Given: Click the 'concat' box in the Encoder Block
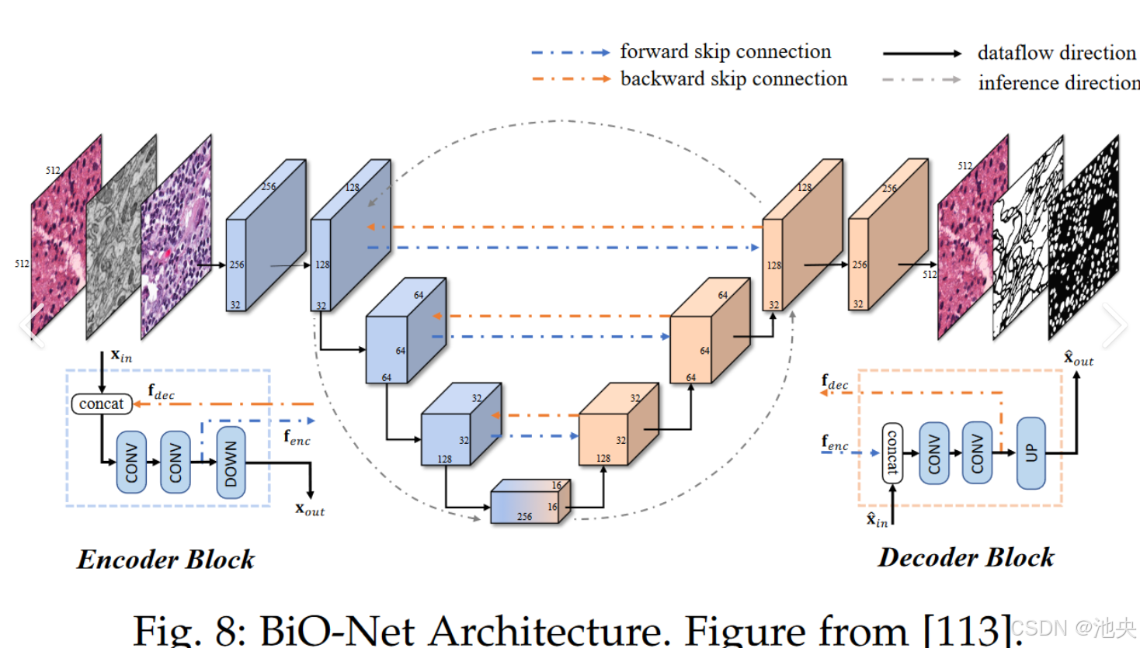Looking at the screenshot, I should tap(101, 404).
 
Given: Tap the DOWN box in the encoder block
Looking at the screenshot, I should tap(231, 463).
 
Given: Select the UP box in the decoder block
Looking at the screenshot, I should tap(1031, 452).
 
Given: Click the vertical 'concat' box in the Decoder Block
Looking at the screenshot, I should tap(892, 453).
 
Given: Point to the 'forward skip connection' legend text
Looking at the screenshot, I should tap(725, 51).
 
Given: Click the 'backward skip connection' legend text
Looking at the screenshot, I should tap(733, 79).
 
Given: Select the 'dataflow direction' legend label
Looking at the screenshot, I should tap(1056, 53).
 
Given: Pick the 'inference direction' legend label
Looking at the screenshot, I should tap(1058, 82).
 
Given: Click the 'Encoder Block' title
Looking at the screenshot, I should tap(165, 560).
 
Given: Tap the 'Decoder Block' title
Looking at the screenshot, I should tap(966, 557).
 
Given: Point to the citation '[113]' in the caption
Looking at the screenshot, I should tap(967, 630).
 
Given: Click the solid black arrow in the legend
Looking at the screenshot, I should tap(922, 54).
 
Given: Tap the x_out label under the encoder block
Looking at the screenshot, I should tap(310, 509).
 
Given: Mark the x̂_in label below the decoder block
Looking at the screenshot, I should tap(877, 519).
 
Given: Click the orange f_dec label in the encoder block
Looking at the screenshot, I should tap(161, 391).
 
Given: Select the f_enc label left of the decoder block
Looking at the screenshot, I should tap(835, 442).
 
